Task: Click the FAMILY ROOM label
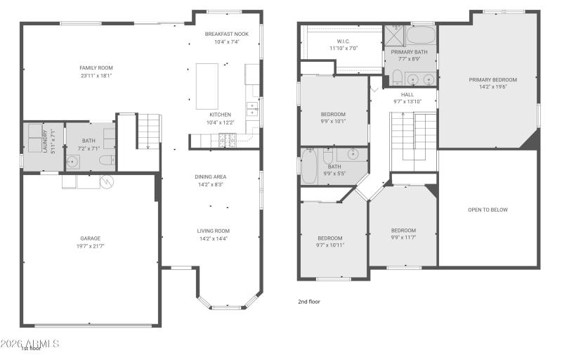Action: [x=96, y=68]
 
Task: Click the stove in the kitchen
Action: [x=228, y=143]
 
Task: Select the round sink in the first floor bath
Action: [x=74, y=161]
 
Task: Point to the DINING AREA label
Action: [x=211, y=176]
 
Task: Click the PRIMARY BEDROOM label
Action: [x=492, y=79]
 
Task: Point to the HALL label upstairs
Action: [x=407, y=94]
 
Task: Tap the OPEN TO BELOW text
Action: [x=488, y=210]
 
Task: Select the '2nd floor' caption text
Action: [x=310, y=301]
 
